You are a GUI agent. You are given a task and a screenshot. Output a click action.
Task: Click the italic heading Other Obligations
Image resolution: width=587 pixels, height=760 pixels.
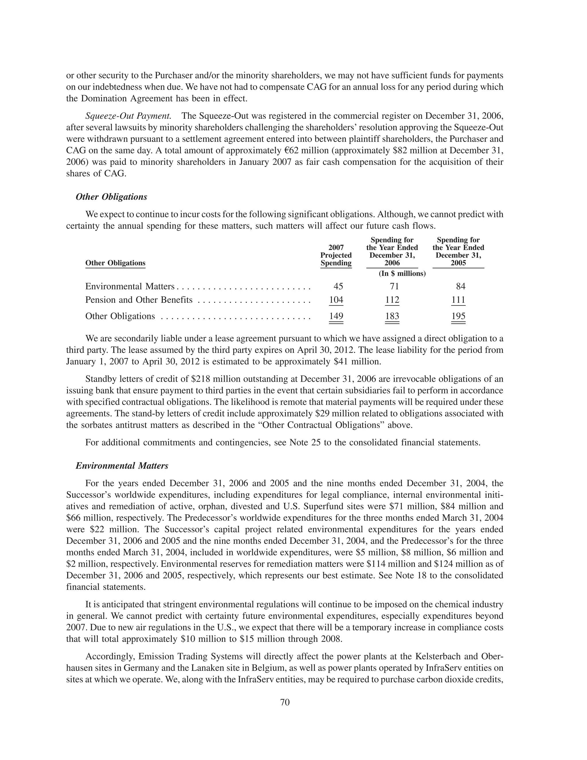coord(111,197)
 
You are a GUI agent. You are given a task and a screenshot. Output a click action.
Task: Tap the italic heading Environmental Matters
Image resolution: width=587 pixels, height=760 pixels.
coord(122,466)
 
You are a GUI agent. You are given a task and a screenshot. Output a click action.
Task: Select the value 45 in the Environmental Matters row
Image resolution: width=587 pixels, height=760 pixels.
coord(338,287)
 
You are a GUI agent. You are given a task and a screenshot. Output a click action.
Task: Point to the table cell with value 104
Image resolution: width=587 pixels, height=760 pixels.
coord(336,300)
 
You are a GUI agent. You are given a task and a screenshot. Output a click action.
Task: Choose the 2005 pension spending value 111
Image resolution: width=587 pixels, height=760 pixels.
coord(458,300)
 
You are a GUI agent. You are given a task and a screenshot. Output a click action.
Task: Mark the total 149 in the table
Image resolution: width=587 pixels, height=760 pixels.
coord(336,316)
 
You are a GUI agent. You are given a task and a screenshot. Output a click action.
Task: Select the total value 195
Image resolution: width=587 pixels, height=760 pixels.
coord(458,316)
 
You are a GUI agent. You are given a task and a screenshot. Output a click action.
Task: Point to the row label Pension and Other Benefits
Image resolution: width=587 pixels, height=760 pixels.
coord(139,300)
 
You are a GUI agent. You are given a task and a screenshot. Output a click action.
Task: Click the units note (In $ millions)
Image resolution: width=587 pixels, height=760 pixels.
coord(402,274)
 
